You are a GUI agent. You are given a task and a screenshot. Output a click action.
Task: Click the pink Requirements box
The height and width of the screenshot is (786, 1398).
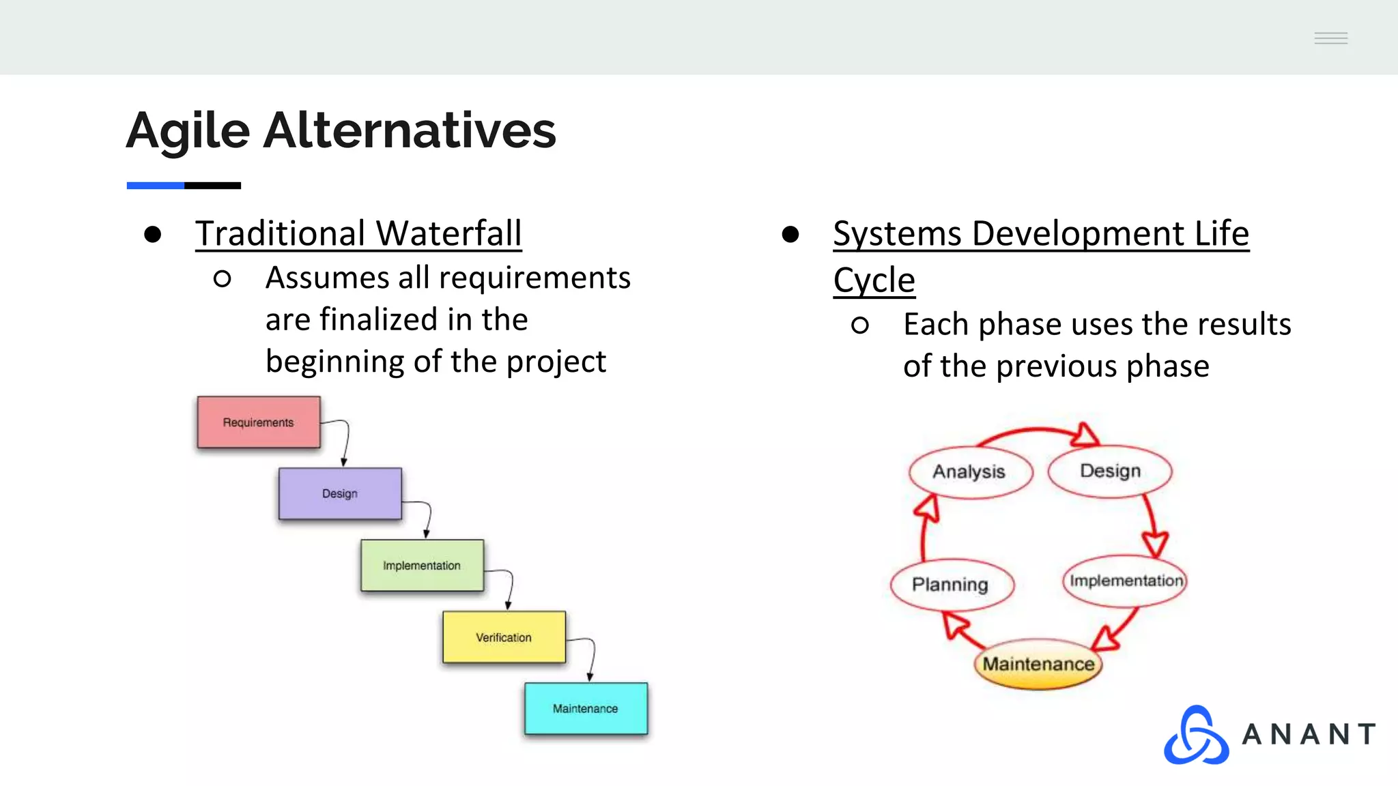[x=258, y=422]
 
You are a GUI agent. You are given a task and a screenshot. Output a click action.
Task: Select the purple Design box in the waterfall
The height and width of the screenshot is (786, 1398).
[x=339, y=493]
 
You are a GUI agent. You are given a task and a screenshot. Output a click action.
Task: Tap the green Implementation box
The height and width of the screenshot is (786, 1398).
[x=422, y=566]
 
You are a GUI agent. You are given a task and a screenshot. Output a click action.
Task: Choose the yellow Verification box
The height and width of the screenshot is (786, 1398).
[x=504, y=637]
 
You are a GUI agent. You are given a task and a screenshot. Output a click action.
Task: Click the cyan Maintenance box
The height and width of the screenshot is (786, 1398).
[x=586, y=709]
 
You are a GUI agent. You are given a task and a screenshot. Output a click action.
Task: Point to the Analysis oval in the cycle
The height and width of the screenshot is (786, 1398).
[x=969, y=471]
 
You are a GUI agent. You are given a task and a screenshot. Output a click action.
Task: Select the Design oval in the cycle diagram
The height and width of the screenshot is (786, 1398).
[x=1110, y=471]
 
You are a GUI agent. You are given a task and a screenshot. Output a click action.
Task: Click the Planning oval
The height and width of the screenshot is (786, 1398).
[x=951, y=585]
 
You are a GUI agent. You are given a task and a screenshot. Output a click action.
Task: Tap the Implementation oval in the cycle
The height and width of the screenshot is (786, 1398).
[x=1125, y=581]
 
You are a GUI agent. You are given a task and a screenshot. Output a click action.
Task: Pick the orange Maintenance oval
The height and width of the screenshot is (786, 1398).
[x=1038, y=664]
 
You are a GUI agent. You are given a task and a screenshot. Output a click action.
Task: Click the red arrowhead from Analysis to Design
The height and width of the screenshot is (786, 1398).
[x=1085, y=435]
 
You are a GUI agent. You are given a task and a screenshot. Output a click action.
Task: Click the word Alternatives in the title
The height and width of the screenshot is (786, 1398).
[x=410, y=130]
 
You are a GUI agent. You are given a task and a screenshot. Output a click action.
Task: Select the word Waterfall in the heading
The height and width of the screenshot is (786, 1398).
[x=449, y=233]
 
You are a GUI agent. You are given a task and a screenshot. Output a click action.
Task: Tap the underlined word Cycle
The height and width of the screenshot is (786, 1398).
[x=874, y=280]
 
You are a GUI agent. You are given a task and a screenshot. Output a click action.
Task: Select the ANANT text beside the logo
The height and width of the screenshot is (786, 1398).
[x=1308, y=735]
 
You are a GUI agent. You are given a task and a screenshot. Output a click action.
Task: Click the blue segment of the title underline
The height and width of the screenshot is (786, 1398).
[x=155, y=186]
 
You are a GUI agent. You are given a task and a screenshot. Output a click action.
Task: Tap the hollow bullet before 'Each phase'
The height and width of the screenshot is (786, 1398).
[x=860, y=325]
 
